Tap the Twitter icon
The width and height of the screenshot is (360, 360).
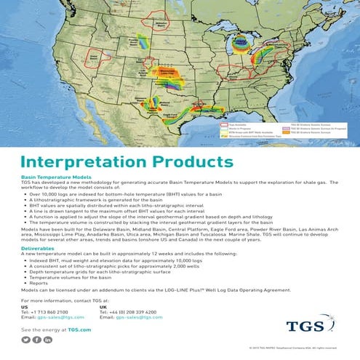(27, 340)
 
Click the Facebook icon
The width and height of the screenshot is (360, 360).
(37, 340)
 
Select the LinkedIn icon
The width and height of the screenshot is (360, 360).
(48, 340)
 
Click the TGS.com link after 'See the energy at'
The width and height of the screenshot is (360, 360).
(81, 330)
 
